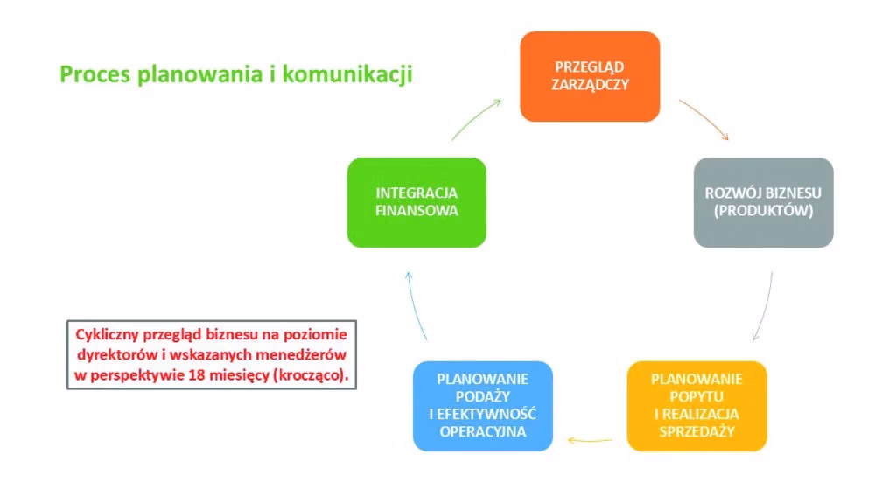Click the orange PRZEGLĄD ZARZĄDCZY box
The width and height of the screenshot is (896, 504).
click(589, 76)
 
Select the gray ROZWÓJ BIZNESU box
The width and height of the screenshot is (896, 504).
click(763, 202)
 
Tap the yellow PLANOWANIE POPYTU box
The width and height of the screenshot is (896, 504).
click(696, 405)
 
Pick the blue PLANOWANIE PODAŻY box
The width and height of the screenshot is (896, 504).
click(483, 405)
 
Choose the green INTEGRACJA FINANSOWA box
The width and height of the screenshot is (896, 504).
click(416, 202)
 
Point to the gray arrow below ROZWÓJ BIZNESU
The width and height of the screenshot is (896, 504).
click(765, 306)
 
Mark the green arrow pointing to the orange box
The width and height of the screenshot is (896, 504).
click(477, 118)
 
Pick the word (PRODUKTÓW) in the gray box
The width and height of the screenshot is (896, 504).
click(764, 212)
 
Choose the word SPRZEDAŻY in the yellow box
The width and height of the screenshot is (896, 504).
click(696, 431)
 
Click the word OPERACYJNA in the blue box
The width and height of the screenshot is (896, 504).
click(483, 431)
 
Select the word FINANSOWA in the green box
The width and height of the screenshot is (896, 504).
click(416, 211)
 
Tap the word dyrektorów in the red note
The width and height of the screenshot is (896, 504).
click(118, 354)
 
